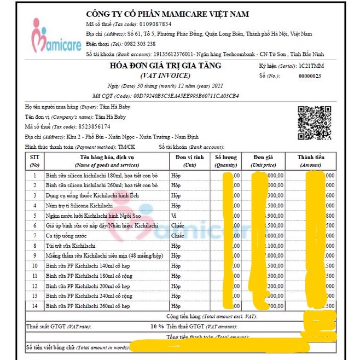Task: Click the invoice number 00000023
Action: (x=310, y=76)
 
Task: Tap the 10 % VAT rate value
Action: (x=158, y=326)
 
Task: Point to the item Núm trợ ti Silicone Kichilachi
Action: (x=79, y=205)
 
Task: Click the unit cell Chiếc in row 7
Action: (x=178, y=235)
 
